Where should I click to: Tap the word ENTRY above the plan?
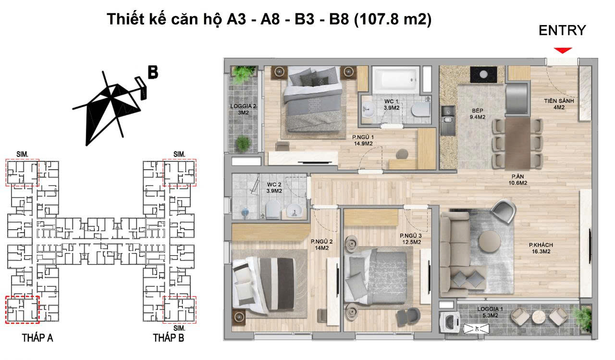click(562, 30)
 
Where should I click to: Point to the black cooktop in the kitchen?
click(484, 74)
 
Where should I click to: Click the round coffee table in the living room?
click(489, 240)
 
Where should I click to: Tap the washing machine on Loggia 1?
click(450, 320)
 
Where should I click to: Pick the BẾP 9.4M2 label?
click(478, 113)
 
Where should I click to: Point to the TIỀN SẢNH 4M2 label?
click(560, 104)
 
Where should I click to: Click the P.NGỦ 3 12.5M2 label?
click(410, 239)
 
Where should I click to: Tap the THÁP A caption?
click(37, 338)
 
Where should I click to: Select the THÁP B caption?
click(168, 338)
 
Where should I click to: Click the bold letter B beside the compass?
click(153, 72)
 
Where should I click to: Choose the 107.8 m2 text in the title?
click(393, 19)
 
